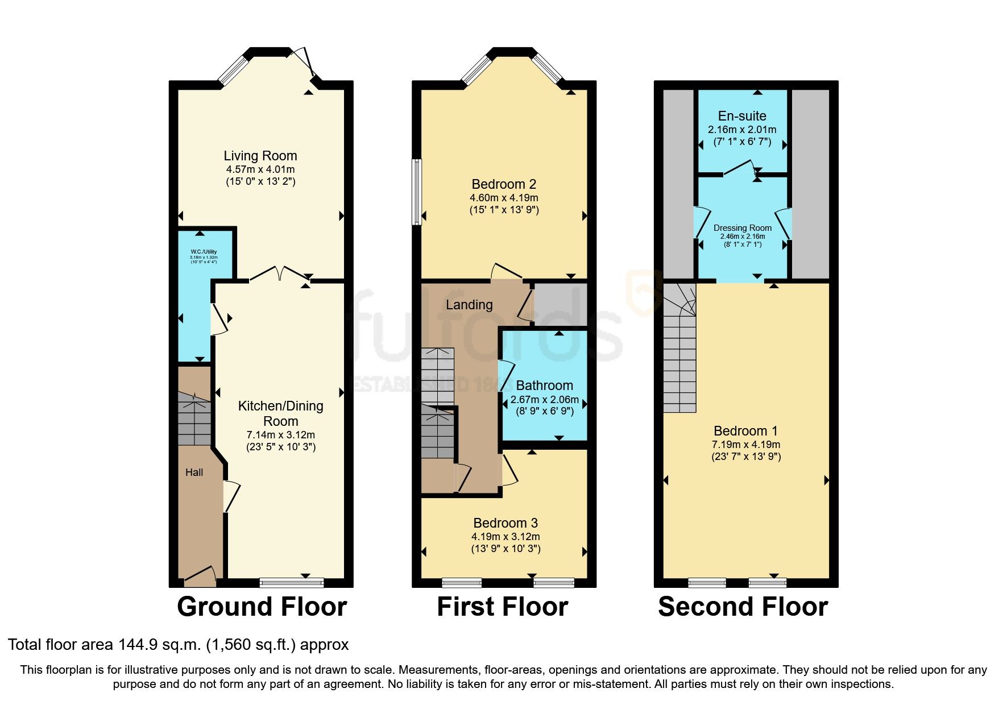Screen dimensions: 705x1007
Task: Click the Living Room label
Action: [x=260, y=156]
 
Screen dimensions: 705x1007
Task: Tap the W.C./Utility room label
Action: [x=204, y=252]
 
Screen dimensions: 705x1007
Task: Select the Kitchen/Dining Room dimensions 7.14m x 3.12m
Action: [x=280, y=434]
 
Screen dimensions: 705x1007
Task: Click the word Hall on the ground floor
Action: [x=194, y=472]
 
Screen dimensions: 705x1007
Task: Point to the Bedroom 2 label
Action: [x=504, y=184]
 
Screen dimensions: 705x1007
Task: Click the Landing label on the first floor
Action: [x=469, y=305]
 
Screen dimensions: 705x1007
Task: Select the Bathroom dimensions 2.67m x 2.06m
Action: [x=544, y=400]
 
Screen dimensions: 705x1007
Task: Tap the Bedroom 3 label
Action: [x=505, y=523]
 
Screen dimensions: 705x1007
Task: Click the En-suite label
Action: [x=742, y=116]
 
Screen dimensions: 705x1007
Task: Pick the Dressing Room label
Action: [x=743, y=228]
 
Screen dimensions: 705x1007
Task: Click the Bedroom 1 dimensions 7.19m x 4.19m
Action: [x=746, y=445]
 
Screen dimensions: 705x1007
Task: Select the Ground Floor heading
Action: [x=262, y=607]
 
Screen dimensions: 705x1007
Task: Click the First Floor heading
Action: [x=503, y=607]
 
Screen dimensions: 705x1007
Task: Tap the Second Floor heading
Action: [x=743, y=607]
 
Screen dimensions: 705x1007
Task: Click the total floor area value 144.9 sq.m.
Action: [x=159, y=645]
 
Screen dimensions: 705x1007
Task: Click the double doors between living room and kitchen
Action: [x=279, y=275]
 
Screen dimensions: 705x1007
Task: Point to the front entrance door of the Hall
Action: [x=200, y=577]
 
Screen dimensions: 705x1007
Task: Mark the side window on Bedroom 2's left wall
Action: [x=417, y=192]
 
